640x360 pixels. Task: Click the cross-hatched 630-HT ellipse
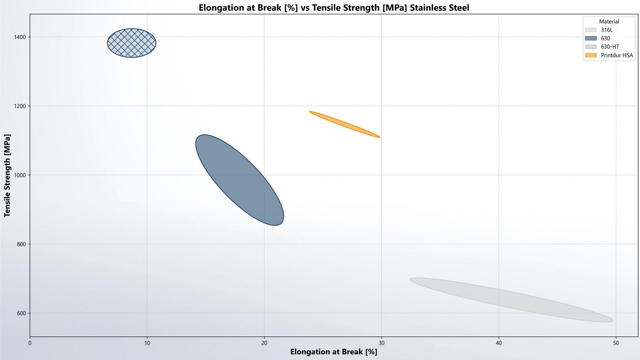click(x=132, y=43)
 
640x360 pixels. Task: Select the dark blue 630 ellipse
click(x=240, y=180)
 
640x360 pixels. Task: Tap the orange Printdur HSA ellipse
click(x=344, y=124)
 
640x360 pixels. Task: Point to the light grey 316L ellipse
click(x=511, y=300)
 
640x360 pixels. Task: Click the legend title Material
click(x=609, y=21)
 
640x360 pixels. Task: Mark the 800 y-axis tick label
click(x=20, y=244)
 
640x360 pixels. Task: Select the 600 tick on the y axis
click(x=20, y=313)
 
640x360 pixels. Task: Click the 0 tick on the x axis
click(x=30, y=343)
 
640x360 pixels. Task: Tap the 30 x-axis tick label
click(x=381, y=343)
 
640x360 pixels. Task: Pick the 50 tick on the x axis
click(x=616, y=343)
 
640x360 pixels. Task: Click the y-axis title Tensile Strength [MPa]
click(x=8, y=175)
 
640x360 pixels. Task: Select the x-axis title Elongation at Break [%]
click(x=333, y=352)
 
